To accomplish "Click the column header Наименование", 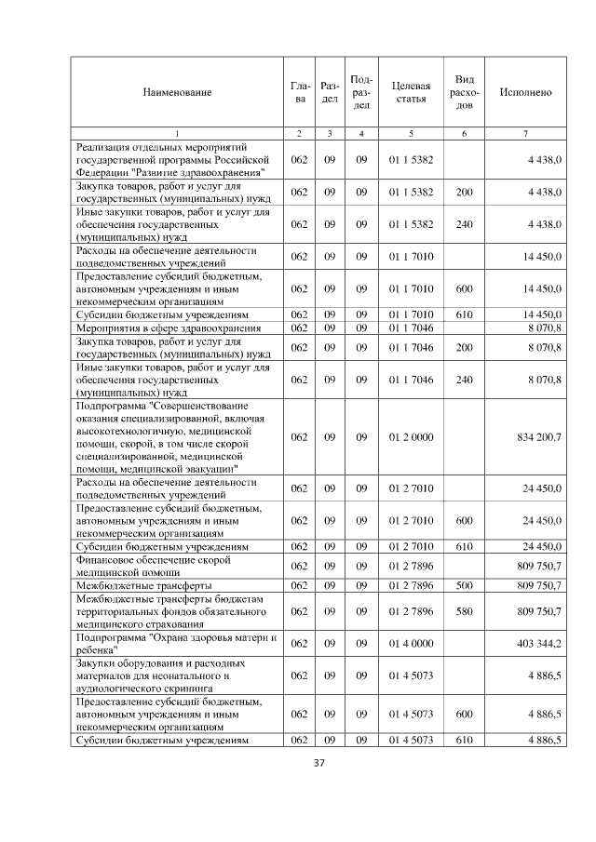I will click(177, 92).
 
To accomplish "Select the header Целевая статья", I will click(411, 92).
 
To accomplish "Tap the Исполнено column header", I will click(525, 92).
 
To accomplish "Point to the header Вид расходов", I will click(465, 92).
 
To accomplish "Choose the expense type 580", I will click(464, 612).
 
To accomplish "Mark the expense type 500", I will click(464, 585).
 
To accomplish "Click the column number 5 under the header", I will click(411, 134).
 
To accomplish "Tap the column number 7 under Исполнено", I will click(525, 134).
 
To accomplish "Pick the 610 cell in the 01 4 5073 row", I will click(464, 741).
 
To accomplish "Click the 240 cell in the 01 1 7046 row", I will click(464, 380).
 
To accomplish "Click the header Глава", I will click(299, 92).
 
